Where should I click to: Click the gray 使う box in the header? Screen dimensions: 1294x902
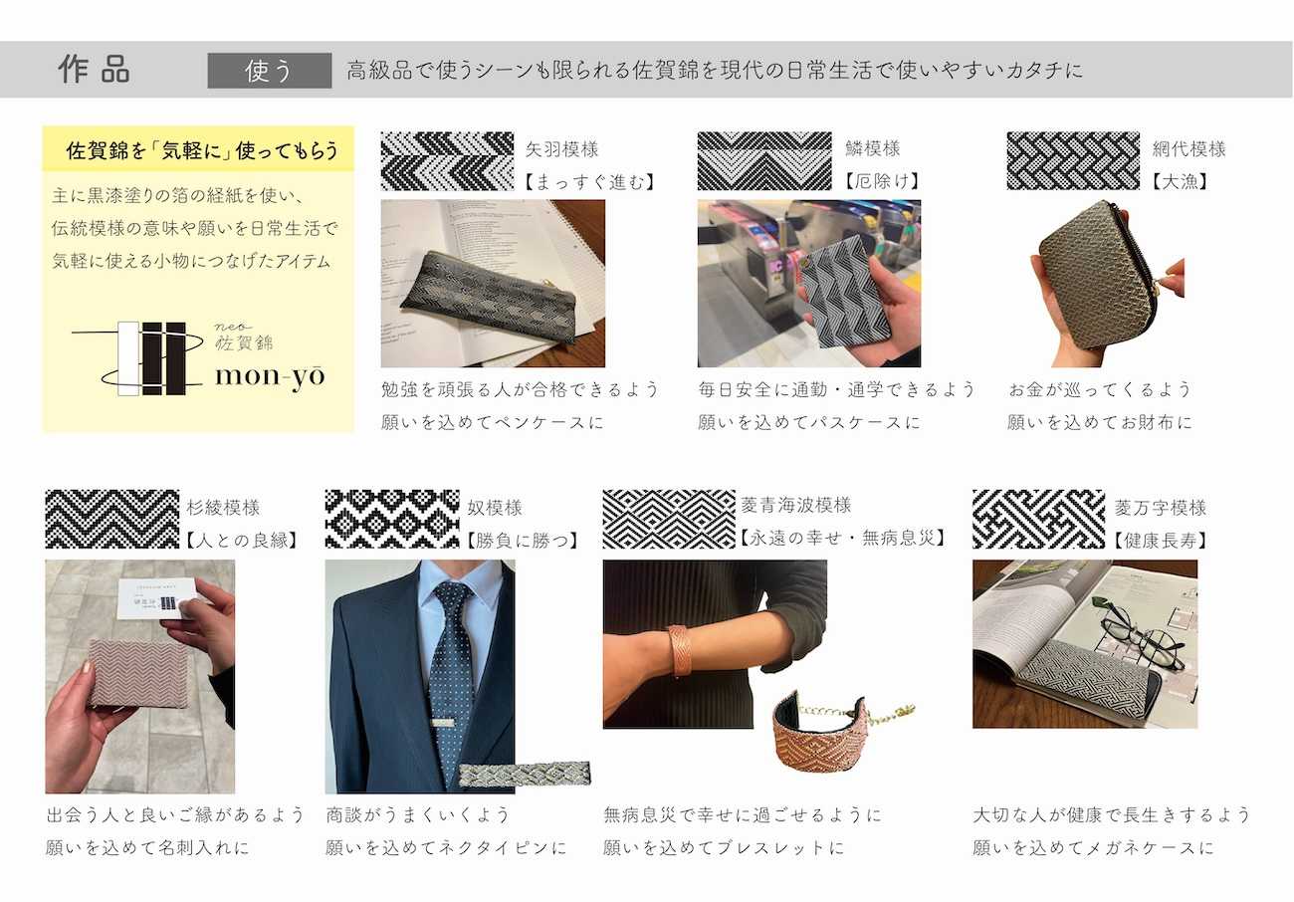coord(269,71)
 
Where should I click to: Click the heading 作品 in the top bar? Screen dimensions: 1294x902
coord(95,70)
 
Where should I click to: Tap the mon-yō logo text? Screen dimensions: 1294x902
coord(270,377)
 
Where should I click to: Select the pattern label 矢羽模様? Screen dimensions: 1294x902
coord(561,149)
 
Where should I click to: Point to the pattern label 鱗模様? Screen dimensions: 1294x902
coord(872,148)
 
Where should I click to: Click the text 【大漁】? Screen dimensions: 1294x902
coord(1180,181)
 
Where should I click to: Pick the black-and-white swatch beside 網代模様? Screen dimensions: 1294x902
coord(1073,160)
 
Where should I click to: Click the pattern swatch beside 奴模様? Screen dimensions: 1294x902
coord(392,519)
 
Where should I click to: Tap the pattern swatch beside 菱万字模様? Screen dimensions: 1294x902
coord(1038,519)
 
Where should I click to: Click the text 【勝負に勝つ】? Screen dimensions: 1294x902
coord(522,541)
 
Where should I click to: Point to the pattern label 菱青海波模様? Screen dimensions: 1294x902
coord(796,505)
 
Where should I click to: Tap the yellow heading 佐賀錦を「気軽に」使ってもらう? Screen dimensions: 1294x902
coord(202,150)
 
